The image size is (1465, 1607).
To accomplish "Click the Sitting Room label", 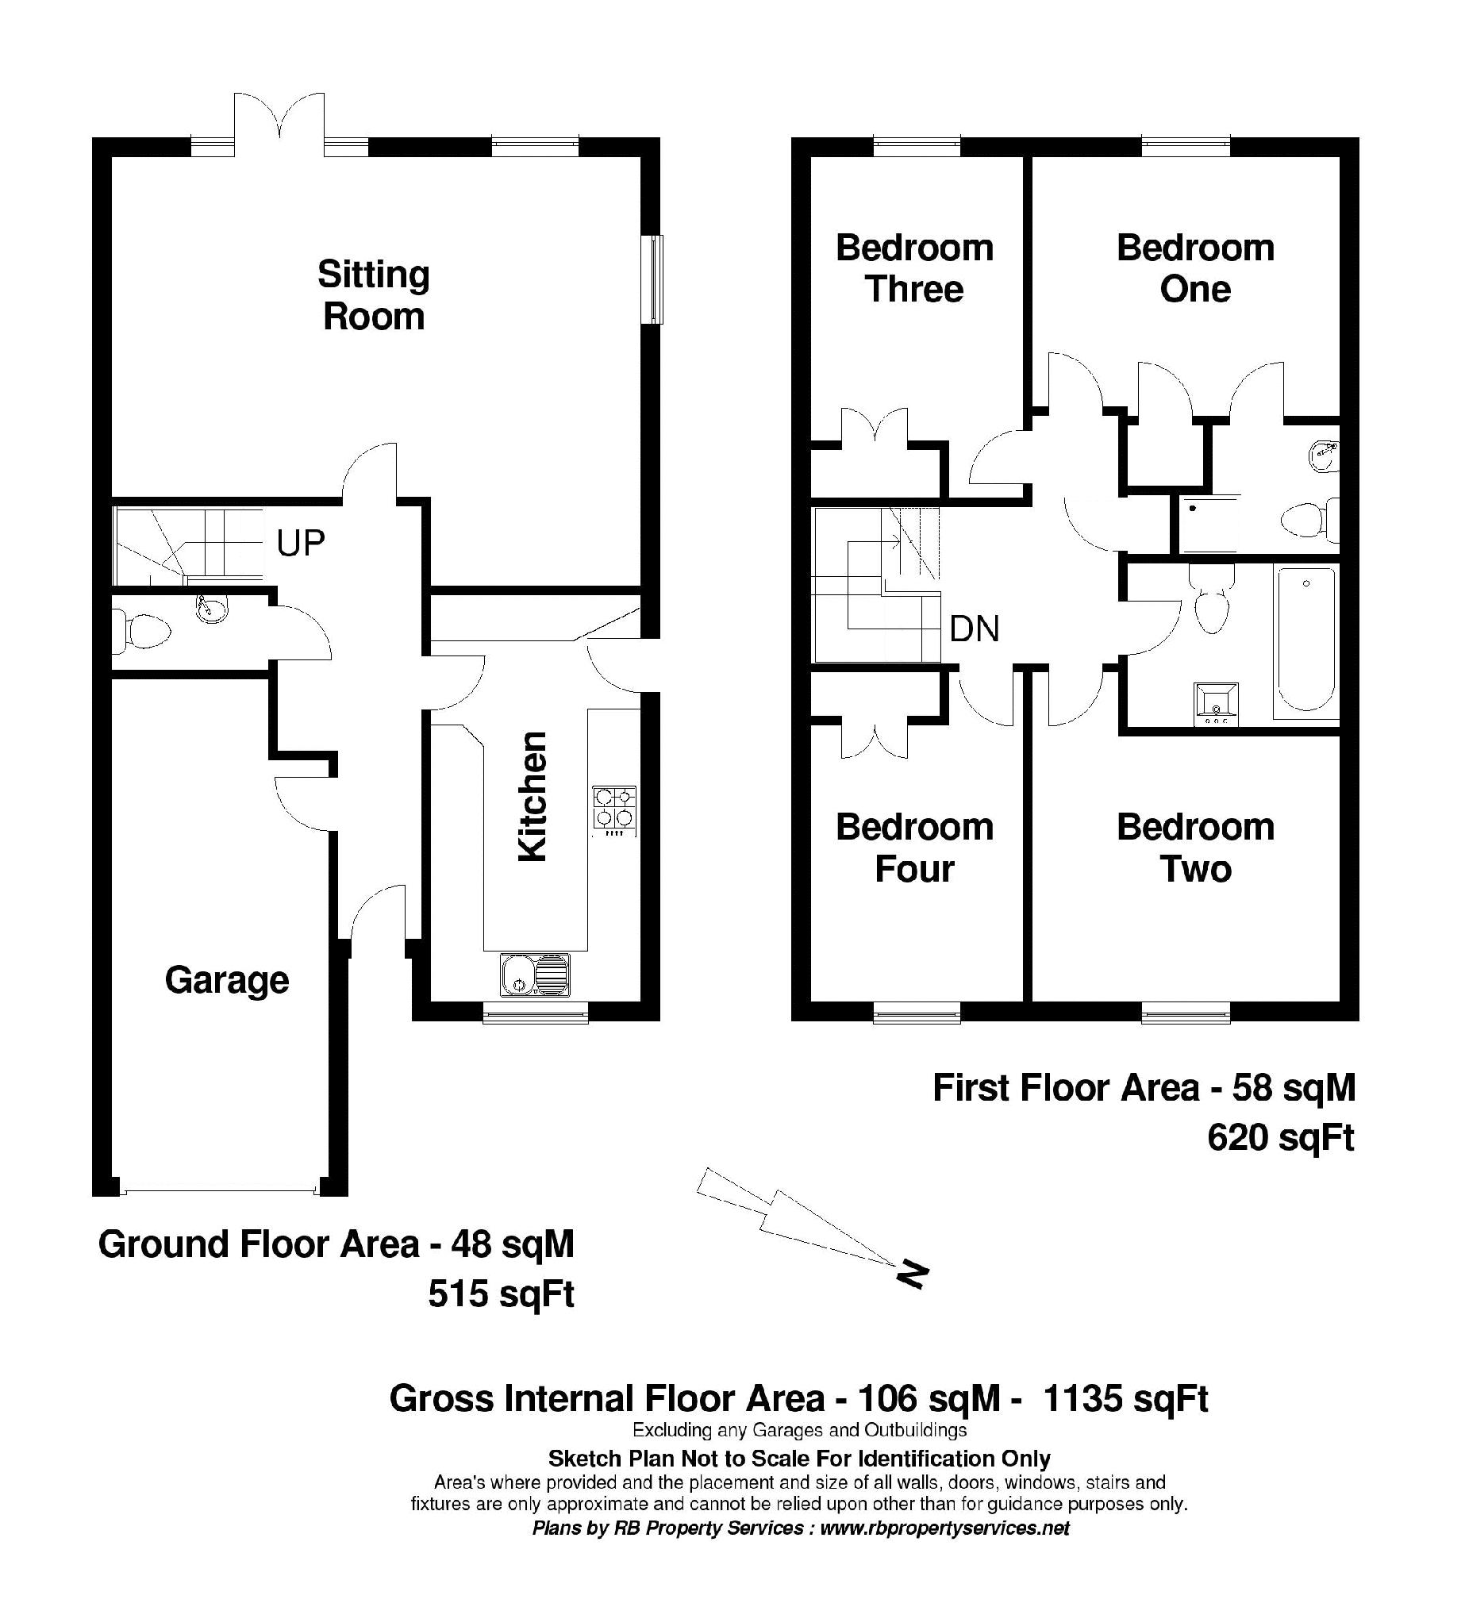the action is pos(373,296).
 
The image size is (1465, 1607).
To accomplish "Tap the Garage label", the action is pos(227,979).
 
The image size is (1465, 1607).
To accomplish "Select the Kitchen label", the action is pos(533,795).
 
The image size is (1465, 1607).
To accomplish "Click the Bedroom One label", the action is pos(1195,269).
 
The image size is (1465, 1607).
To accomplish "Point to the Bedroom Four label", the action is pos(914,848).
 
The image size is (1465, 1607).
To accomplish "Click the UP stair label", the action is pos(301,544).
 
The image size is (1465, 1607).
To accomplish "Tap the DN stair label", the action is pos(974,630).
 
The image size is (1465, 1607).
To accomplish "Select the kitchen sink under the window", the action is pos(535,975).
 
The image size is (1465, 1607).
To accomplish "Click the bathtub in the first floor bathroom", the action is pos(1305,638).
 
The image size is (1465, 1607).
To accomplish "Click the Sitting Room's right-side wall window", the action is pos(653,279).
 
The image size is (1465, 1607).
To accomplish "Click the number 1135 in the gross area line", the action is pos(1084,1398).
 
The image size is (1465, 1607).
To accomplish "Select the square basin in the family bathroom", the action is pos(1216,705).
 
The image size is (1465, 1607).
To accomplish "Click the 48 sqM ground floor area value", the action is pos(512,1244).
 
